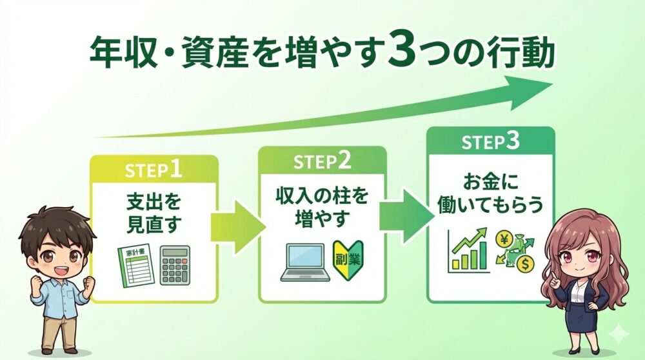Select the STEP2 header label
(322, 161)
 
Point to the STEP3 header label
(491, 143)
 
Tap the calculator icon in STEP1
(175, 265)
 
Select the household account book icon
(135, 265)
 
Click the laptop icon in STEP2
(305, 263)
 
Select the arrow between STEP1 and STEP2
(238, 226)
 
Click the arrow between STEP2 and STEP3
(406, 217)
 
